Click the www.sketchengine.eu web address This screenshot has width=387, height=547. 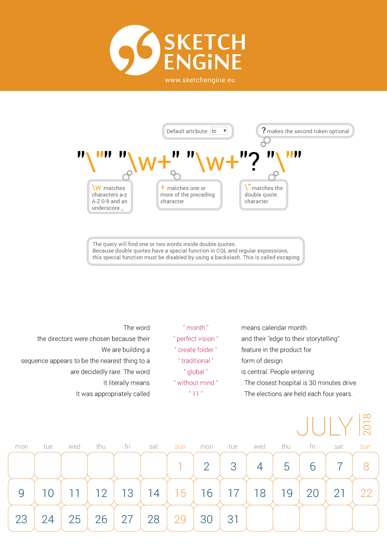[x=200, y=80]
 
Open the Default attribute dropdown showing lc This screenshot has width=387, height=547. [x=219, y=131]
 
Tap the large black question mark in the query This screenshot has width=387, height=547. [x=253, y=162]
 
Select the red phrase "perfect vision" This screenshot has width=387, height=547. [x=196, y=339]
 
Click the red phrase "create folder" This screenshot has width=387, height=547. [x=196, y=350]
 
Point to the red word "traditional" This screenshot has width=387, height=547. [x=196, y=361]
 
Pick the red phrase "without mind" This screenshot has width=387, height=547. [x=196, y=383]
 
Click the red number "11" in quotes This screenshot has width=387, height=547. [x=196, y=394]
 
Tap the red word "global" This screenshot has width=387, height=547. [x=196, y=372]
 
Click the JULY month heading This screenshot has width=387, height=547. [x=325, y=426]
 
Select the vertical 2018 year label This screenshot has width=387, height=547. [x=367, y=425]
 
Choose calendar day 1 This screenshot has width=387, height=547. [x=180, y=467]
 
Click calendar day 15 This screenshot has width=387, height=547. [x=180, y=493]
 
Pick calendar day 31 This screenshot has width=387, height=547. [x=233, y=519]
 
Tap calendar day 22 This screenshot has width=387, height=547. [x=366, y=493]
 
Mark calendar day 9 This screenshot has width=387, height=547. [x=21, y=493]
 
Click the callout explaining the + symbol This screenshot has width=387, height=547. [x=189, y=195]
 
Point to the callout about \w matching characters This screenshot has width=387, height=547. [x=110, y=197]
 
